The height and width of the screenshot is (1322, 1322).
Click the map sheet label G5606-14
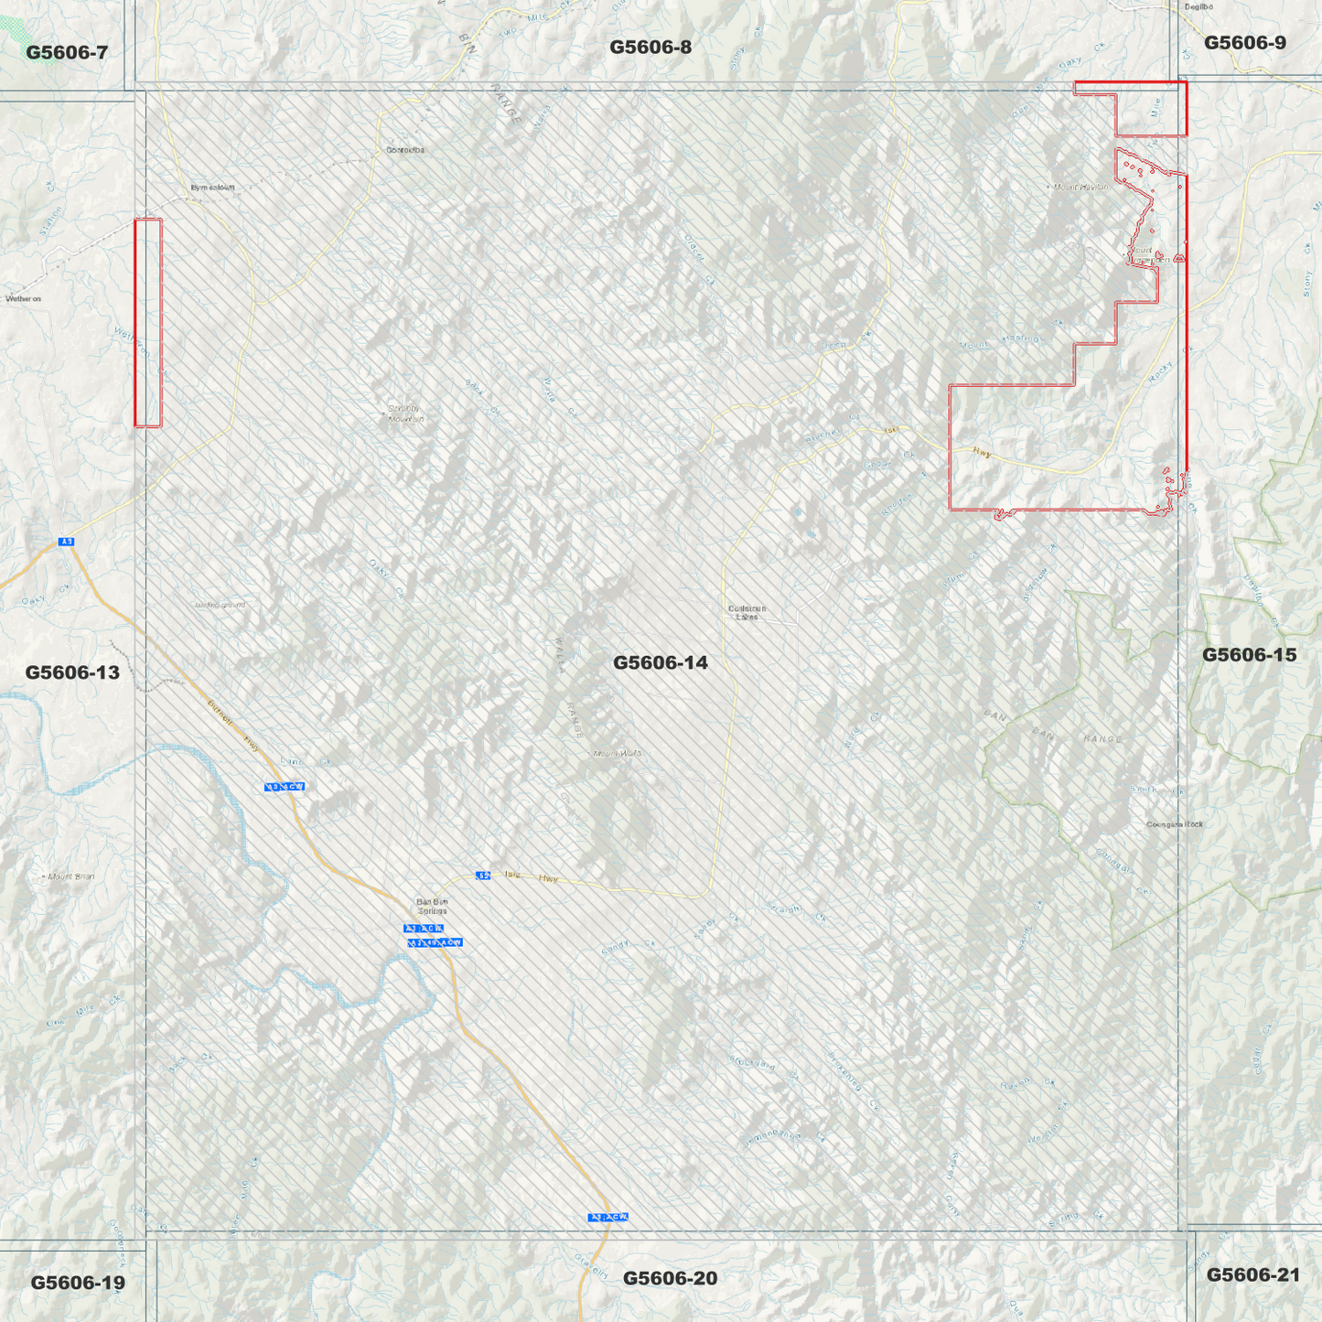coord(660,662)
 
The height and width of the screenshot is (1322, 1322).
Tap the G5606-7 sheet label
coord(67,52)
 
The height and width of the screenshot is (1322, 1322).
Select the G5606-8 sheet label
coord(650,47)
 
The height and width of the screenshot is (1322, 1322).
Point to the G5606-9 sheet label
coord(1244,42)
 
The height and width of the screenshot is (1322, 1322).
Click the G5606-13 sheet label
coord(72,672)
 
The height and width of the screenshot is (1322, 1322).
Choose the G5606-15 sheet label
coord(1249,654)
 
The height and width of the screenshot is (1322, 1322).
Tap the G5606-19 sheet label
coord(78,1283)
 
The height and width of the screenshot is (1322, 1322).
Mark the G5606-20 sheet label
coord(670,1278)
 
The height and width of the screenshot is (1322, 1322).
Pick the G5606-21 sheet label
coord(1252,1274)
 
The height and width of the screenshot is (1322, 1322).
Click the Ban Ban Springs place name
coord(432,906)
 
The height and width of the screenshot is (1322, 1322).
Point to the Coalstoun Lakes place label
coord(747,612)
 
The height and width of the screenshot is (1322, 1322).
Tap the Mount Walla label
coord(617,754)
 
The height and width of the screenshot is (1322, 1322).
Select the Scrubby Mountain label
coord(406,414)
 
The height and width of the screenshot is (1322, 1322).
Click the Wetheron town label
coord(24,298)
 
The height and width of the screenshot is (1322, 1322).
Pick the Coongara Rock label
coord(1175,824)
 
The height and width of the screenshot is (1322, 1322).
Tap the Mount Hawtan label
coord(1080,187)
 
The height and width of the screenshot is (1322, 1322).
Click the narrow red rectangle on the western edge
coord(148,322)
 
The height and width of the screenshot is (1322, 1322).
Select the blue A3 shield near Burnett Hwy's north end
coord(66,542)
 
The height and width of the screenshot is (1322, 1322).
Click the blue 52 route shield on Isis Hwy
coord(483,876)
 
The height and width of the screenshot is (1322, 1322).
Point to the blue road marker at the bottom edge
coord(608,1217)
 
